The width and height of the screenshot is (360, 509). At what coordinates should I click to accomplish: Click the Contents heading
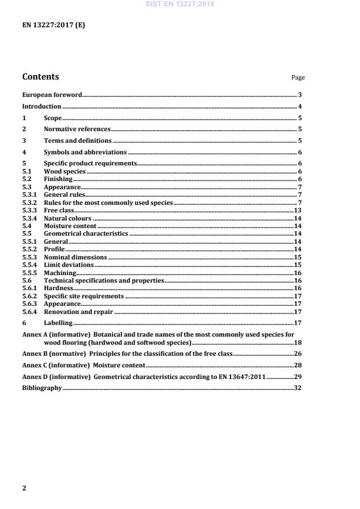click(x=40, y=77)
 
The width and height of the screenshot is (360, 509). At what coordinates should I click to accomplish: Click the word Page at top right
click(x=298, y=78)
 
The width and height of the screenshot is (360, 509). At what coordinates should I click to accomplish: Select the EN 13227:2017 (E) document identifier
click(x=53, y=26)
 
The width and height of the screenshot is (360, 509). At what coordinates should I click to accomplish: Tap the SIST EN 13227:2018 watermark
click(x=181, y=4)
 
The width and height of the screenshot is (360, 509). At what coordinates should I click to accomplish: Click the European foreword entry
click(x=52, y=94)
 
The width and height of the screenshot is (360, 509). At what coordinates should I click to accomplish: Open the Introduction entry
click(x=42, y=106)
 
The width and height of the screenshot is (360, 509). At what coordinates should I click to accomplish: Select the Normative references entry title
click(x=77, y=129)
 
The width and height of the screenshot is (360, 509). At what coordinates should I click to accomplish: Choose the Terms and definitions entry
click(x=78, y=140)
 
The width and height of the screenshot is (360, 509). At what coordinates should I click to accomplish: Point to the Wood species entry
click(x=65, y=172)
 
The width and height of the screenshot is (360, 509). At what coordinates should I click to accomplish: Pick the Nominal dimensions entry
click(x=75, y=257)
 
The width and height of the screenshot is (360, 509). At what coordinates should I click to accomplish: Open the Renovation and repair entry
click(x=79, y=312)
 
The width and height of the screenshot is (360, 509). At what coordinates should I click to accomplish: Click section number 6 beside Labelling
click(x=24, y=323)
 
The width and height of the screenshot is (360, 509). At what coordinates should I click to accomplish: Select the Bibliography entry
click(x=42, y=388)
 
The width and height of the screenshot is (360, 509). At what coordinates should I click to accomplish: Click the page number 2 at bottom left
click(x=24, y=488)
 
